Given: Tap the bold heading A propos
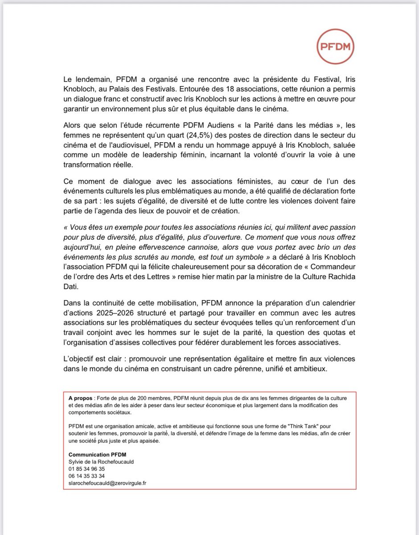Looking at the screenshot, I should [80, 397].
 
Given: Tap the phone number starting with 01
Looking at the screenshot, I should [87, 469].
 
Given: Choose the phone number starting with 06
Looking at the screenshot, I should [87, 476].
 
